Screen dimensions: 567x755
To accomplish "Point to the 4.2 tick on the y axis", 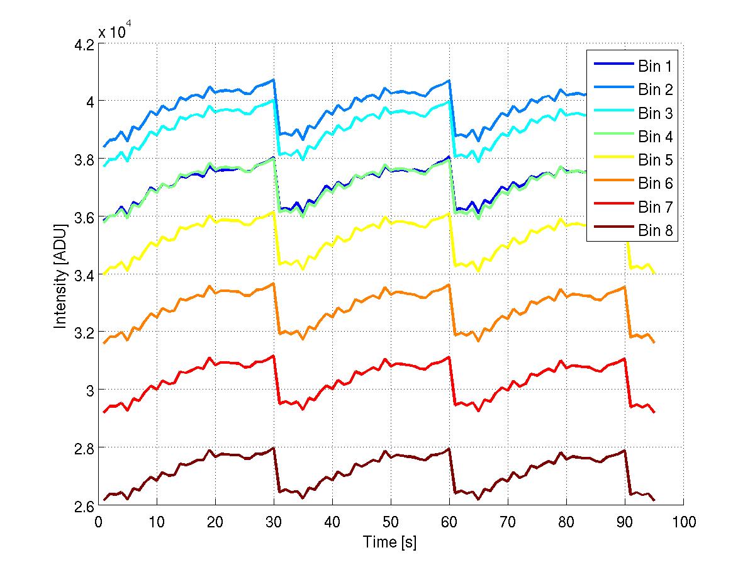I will pos(84,44).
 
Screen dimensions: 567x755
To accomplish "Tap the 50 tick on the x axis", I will pos(391,522).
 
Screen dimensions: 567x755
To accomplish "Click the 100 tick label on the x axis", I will pos(683,522).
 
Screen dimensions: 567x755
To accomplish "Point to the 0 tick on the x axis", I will pos(99,522).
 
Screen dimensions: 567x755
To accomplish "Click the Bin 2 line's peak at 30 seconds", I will pos(274,80).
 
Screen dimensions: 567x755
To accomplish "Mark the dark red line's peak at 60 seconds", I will pos(449,449).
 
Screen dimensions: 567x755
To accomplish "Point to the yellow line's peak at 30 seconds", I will pos(274,212).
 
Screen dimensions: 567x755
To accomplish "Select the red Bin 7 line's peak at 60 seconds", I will pos(449,357).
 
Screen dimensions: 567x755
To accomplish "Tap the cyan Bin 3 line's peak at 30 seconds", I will pos(274,100).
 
